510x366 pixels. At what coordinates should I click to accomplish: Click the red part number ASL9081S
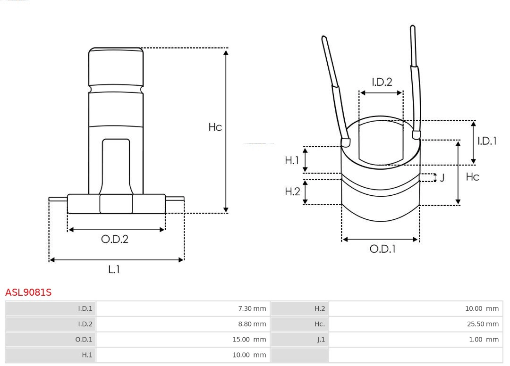[x=28, y=292]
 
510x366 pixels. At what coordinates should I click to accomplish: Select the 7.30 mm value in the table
[x=252, y=308]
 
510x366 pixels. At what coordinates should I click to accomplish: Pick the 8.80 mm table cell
[x=252, y=324]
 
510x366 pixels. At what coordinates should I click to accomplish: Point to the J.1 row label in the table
[x=321, y=340]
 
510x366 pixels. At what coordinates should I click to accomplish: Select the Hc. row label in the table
[x=320, y=324]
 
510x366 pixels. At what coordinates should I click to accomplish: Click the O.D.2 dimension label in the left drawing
[x=115, y=239]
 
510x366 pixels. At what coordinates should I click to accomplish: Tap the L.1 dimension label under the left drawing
[x=114, y=269]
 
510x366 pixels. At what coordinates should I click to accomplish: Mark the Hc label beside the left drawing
[x=215, y=127]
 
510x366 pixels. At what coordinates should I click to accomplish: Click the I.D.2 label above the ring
[x=382, y=82]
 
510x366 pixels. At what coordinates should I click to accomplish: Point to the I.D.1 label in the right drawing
[x=486, y=141]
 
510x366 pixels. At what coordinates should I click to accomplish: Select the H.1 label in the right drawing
[x=292, y=160]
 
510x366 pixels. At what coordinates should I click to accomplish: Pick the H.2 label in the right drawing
[x=292, y=191]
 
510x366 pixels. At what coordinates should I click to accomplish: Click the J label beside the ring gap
[x=442, y=178]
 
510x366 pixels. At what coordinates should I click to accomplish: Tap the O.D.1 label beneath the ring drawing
[x=382, y=249]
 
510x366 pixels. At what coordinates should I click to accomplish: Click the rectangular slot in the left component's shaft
[x=116, y=165]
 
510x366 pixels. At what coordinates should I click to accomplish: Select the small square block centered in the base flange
[x=116, y=204]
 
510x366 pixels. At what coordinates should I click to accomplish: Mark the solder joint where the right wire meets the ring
[x=416, y=135]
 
